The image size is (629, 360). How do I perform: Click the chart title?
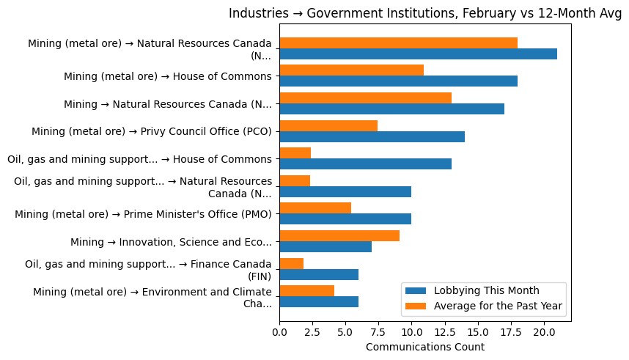[424, 13]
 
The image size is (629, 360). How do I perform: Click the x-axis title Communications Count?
[424, 346]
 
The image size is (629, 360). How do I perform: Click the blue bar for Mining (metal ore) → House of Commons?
[398, 81]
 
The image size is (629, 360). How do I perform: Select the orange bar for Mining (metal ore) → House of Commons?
[351, 70]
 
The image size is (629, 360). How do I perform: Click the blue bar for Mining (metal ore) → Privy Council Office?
[372, 136]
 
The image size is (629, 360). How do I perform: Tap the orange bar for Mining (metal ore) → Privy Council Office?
[328, 125]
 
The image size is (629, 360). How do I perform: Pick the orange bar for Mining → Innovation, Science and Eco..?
[339, 236]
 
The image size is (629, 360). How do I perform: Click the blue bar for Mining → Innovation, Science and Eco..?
[325, 247]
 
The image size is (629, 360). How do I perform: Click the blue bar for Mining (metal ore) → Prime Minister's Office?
[345, 219]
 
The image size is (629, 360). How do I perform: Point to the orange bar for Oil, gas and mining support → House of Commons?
[295, 153]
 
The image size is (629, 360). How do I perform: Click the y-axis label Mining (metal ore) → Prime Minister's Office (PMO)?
[144, 214]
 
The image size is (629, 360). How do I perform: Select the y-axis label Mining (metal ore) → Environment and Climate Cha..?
[152, 298]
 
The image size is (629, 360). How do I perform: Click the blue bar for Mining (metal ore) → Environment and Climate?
[319, 302]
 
